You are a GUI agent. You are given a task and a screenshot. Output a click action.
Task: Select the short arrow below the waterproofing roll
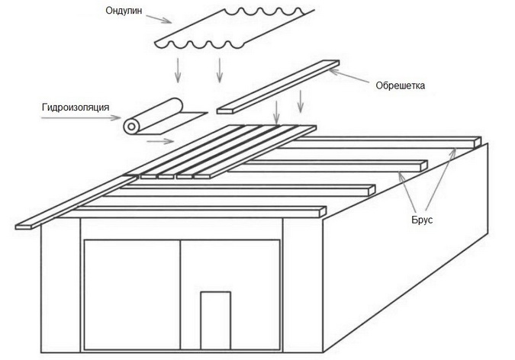pyautogui.click(x=159, y=140)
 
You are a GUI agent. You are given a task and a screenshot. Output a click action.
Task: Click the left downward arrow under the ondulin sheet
pyautogui.click(x=177, y=69)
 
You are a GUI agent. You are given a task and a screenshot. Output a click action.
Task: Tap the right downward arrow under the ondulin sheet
pyautogui.click(x=220, y=69)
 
